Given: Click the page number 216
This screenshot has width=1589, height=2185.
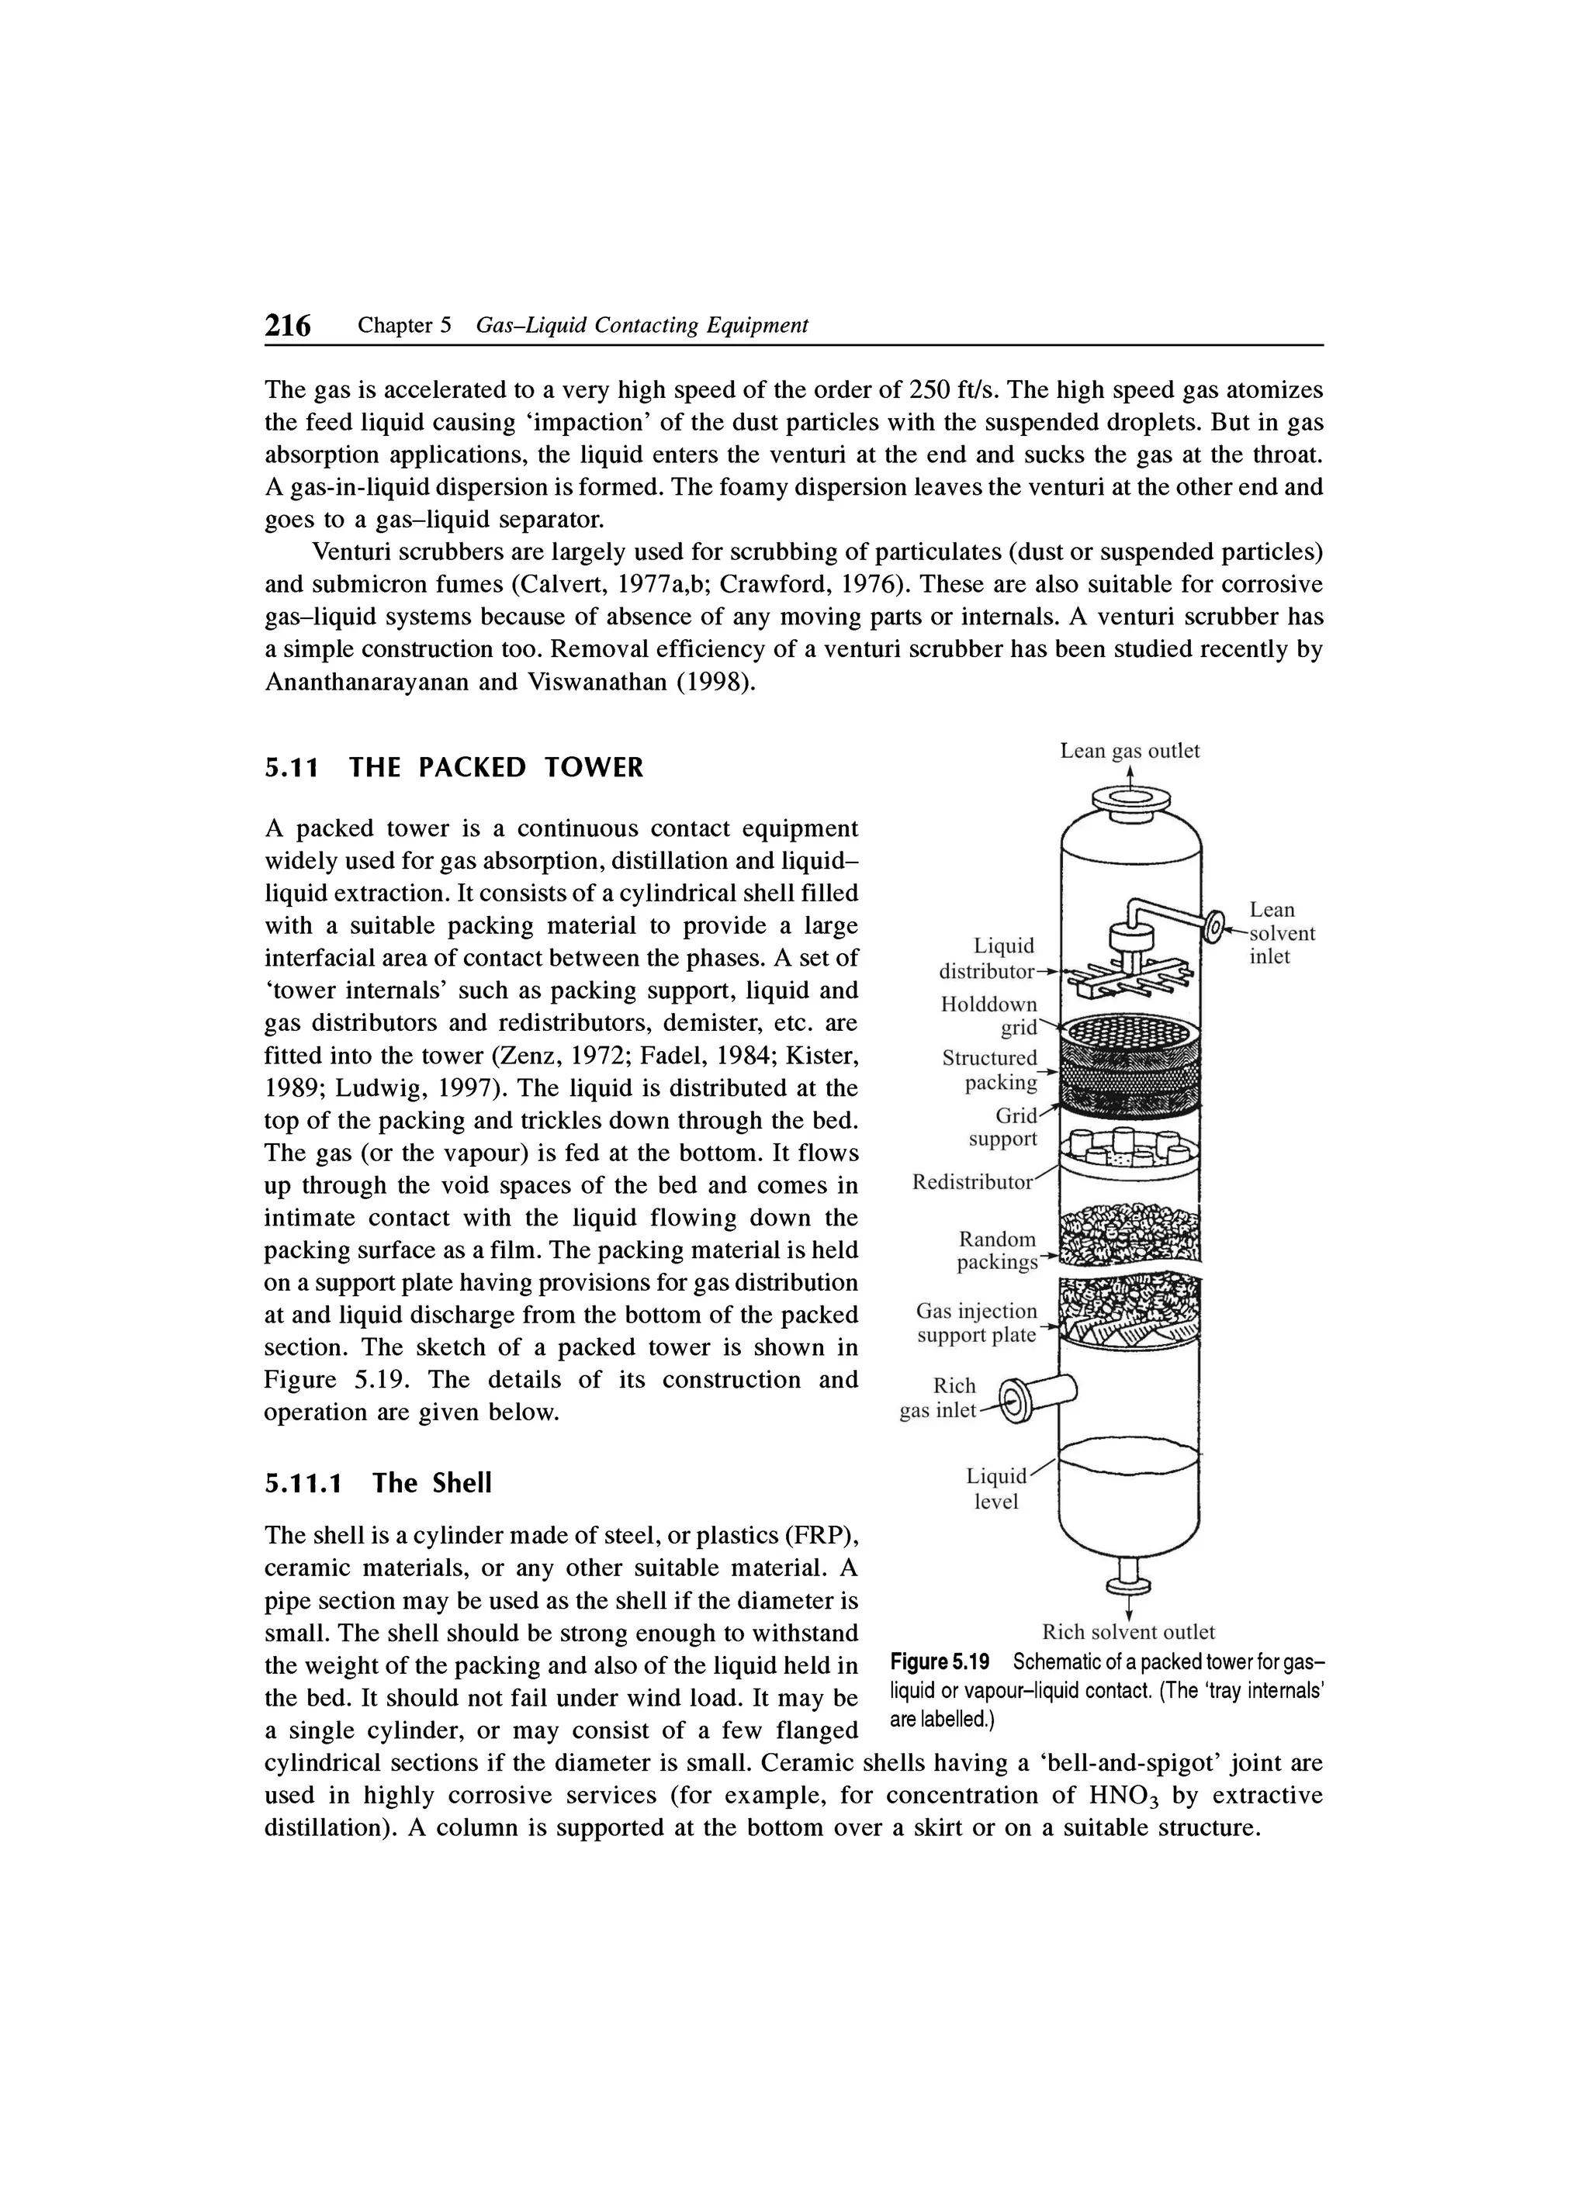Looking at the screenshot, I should pyautogui.click(x=288, y=326).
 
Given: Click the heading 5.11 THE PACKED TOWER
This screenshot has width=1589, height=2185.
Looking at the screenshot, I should pyautogui.click(x=453, y=768).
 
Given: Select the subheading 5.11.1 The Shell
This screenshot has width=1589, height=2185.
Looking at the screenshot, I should pyautogui.click(x=378, y=1483).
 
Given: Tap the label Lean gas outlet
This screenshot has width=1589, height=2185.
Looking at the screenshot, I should pyautogui.click(x=1130, y=751).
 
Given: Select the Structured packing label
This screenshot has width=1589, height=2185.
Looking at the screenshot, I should pyautogui.click(x=991, y=1070).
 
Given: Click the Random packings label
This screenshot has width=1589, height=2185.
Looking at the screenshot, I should pyautogui.click(x=996, y=1250).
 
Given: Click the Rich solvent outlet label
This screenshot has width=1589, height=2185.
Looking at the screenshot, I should pyautogui.click(x=1128, y=1632).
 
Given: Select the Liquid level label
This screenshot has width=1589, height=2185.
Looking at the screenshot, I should pyautogui.click(x=996, y=1489).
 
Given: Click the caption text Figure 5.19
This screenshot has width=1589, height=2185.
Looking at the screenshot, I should pyautogui.click(x=940, y=1662).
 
